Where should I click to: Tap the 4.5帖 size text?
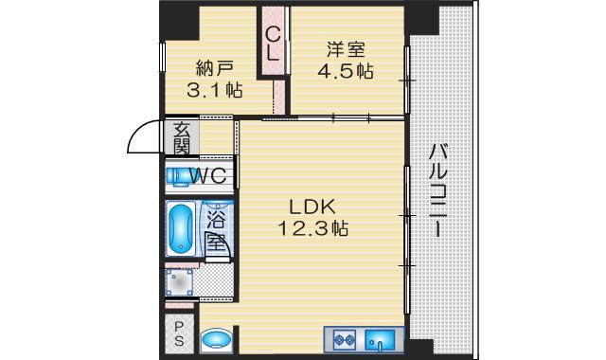pyautogui.click(x=347, y=71)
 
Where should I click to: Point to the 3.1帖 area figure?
pyautogui.click(x=214, y=92)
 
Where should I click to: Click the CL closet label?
pyautogui.click(x=273, y=44)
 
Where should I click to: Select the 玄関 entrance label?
pyautogui.click(x=180, y=138)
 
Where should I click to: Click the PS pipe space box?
pyautogui.click(x=178, y=333)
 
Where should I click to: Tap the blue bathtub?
pyautogui.click(x=180, y=228)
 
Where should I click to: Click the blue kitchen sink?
pyautogui.click(x=383, y=338)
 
